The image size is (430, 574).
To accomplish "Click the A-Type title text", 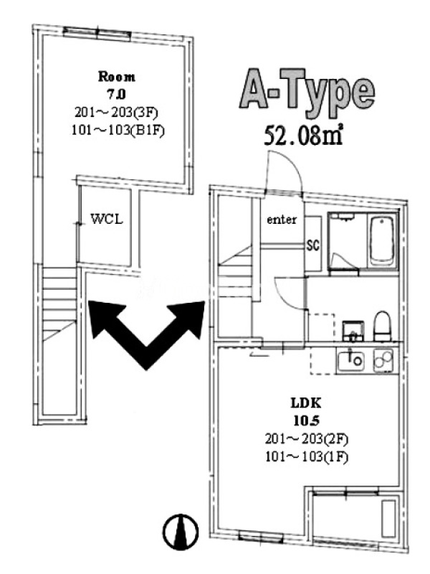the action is click(x=307, y=90).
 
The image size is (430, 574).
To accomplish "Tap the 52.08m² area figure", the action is click(x=303, y=135).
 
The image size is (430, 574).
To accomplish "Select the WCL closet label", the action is click(x=106, y=219).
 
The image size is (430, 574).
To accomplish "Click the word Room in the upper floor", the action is click(x=117, y=77).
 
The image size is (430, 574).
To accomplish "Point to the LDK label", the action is click(x=306, y=403).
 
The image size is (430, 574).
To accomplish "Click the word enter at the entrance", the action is click(x=282, y=220).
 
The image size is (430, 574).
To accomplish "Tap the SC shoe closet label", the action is click(x=313, y=245).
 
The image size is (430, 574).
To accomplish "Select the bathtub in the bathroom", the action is click(x=382, y=241).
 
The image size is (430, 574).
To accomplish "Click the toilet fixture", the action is click(x=383, y=326).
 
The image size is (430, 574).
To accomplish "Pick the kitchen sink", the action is click(x=350, y=360).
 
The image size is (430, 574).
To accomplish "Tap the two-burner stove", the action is click(x=383, y=360).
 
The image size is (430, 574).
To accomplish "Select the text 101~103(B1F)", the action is click(x=118, y=131).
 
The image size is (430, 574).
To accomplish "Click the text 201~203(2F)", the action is click(x=307, y=438).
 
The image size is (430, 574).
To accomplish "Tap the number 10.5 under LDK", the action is click(x=307, y=420).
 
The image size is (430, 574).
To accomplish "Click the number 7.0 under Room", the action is click(x=116, y=95).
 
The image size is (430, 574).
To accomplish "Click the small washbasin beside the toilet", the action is click(x=353, y=331).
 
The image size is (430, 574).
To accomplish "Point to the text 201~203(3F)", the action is click(x=116, y=113).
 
